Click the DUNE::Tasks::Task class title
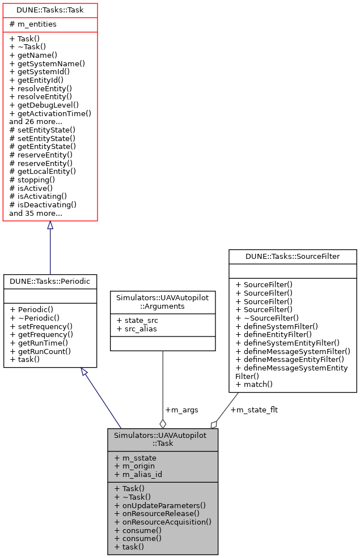[x=50, y=10]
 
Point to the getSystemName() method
[x=47, y=64]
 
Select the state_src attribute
[x=138, y=321]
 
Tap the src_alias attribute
[x=138, y=329]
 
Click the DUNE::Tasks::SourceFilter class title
[x=293, y=257]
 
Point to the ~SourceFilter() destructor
[x=267, y=318]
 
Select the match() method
[x=253, y=384]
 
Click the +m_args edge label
[x=181, y=410]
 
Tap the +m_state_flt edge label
[x=254, y=410]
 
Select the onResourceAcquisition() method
[x=163, y=522]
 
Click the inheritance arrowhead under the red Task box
[x=50, y=225]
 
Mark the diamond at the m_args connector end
[x=163, y=423]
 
